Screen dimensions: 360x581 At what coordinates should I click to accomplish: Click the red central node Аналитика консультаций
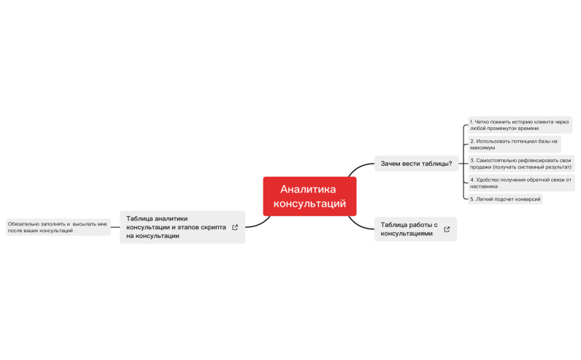(309, 196)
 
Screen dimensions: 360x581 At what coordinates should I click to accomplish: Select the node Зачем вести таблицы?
(416, 164)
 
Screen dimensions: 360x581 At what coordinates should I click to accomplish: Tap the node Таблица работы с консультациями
(409, 229)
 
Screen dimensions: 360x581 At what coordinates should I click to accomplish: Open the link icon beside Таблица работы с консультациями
(447, 229)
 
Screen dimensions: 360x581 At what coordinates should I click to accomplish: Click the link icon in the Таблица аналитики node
(234, 227)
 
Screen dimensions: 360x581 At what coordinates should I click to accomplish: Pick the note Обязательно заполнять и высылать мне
(58, 227)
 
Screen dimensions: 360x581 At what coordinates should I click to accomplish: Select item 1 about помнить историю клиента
(519, 125)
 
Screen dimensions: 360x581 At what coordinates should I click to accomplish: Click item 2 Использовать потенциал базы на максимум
(513, 144)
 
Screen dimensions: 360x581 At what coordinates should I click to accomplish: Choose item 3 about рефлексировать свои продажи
(520, 164)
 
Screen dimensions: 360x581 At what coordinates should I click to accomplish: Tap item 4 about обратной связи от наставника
(520, 183)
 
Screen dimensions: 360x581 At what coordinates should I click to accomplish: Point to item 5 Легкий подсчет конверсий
(505, 199)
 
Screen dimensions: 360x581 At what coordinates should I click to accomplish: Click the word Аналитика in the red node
(308, 189)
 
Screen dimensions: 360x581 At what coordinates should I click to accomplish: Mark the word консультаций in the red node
(309, 204)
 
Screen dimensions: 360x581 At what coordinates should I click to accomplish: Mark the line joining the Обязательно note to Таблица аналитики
(115, 227)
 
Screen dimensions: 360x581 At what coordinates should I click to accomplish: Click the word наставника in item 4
(484, 186)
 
